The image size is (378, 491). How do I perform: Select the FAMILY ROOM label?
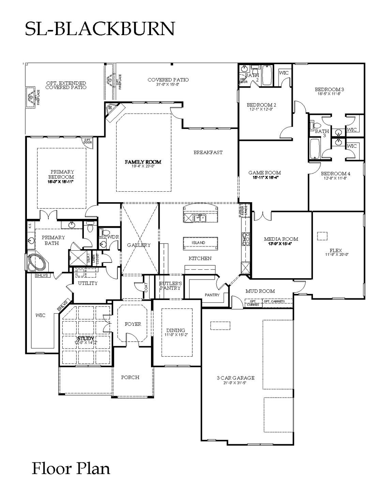coord(143,162)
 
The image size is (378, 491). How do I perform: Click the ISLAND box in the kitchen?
coord(198,242)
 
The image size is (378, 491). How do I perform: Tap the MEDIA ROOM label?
coord(281,239)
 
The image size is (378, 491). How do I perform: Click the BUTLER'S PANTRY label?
coord(170,286)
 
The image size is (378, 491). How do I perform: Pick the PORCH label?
coord(130,377)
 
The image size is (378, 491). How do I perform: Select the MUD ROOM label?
coord(260,291)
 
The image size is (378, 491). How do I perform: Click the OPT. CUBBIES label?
coord(253,303)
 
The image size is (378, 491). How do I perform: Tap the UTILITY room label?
coord(88,283)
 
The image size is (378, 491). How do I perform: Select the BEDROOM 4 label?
coord(335,173)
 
